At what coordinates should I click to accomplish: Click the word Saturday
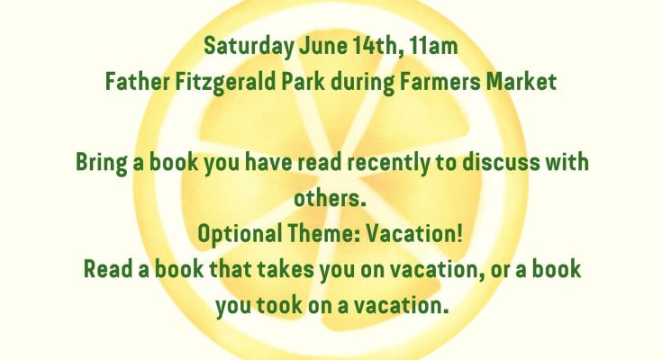249,47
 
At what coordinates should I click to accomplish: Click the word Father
137,82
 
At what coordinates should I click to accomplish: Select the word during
362,83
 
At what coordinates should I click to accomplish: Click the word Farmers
440,82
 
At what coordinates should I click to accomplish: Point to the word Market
521,82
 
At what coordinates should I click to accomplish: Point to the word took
279,306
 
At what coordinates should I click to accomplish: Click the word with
567,162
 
